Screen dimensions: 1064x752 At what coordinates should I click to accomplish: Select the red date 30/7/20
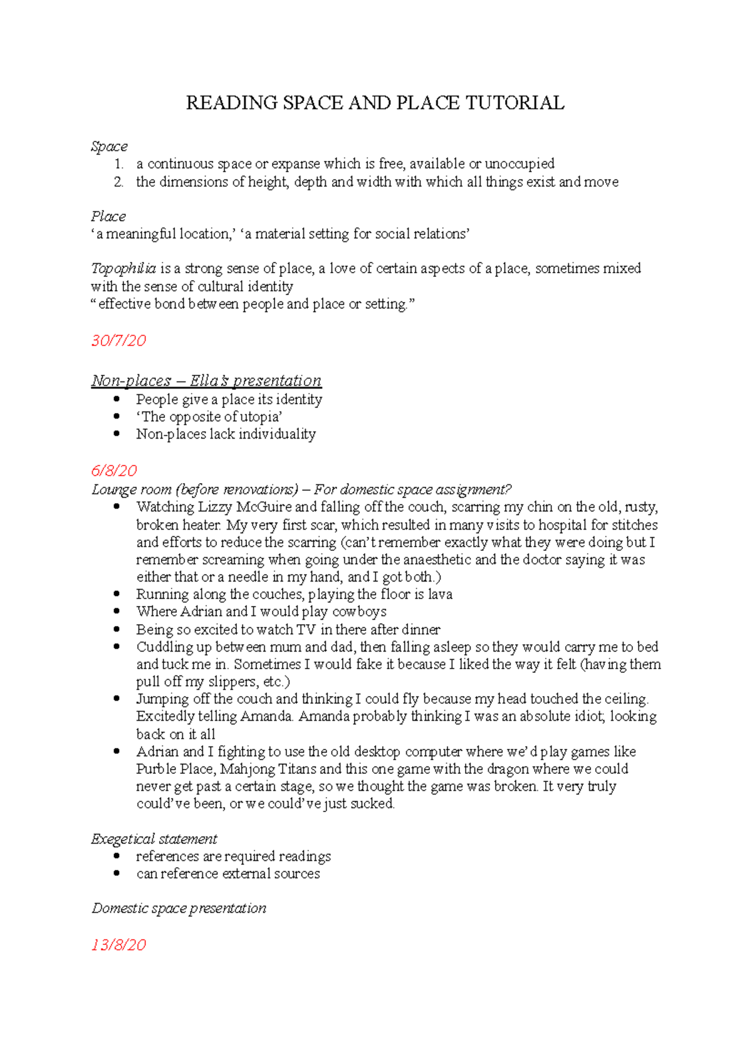pyautogui.click(x=118, y=340)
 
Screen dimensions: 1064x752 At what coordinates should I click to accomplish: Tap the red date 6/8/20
pyautogui.click(x=114, y=471)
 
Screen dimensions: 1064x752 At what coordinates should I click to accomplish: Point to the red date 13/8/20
pyautogui.click(x=118, y=945)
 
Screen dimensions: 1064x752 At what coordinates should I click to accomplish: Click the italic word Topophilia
pyautogui.click(x=123, y=269)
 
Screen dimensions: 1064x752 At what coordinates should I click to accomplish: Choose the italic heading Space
pyautogui.click(x=109, y=147)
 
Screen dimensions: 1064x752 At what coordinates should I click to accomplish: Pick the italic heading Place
pyautogui.click(x=108, y=217)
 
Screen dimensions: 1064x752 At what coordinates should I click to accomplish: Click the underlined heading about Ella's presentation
pyautogui.click(x=206, y=381)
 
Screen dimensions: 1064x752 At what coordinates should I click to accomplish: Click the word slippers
pyautogui.click(x=231, y=682)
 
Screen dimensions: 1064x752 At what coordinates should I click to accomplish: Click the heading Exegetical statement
pyautogui.click(x=154, y=839)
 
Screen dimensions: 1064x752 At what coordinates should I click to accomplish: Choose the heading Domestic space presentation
pyautogui.click(x=179, y=909)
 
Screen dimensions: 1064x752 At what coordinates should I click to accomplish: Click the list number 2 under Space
pyautogui.click(x=118, y=182)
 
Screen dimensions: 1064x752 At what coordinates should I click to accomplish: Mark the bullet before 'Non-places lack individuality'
pyautogui.click(x=117, y=434)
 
